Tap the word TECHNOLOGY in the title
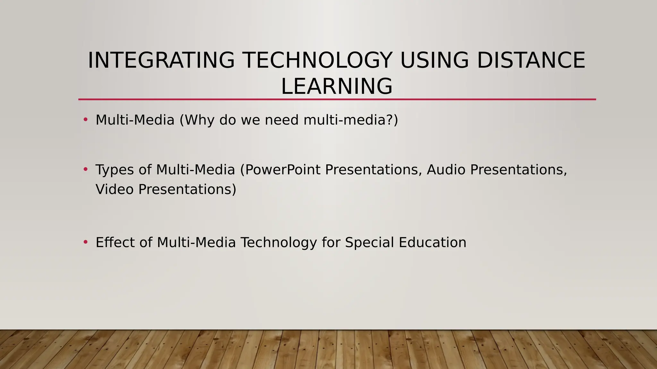click(x=317, y=60)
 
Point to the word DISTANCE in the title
click(x=531, y=60)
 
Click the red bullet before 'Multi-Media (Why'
click(x=85, y=120)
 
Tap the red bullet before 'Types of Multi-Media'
click(x=85, y=169)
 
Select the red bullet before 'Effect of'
click(x=85, y=242)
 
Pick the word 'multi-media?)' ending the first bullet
click(x=351, y=120)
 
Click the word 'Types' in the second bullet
click(x=115, y=170)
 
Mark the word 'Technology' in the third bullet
click(x=279, y=242)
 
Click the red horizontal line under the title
click(x=337, y=100)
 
